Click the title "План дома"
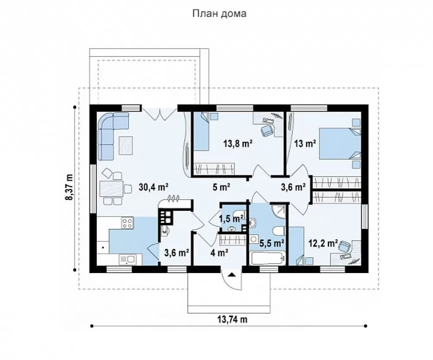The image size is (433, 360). click(219, 13)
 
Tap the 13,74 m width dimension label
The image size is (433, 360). click(232, 319)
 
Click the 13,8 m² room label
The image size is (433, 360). click(238, 144)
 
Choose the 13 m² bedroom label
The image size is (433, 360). click(305, 144)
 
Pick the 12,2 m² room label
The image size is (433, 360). click(323, 243)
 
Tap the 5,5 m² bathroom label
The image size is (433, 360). click(272, 243)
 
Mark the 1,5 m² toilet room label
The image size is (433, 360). click(231, 219)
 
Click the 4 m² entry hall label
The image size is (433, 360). click(219, 252)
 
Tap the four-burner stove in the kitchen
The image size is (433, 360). click(127, 223)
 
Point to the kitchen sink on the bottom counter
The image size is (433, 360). click(127, 259)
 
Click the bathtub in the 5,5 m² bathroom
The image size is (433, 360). click(267, 258)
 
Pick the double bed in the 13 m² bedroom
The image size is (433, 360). click(340, 144)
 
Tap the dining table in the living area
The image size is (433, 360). click(111, 188)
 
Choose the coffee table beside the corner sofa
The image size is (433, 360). click(126, 145)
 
